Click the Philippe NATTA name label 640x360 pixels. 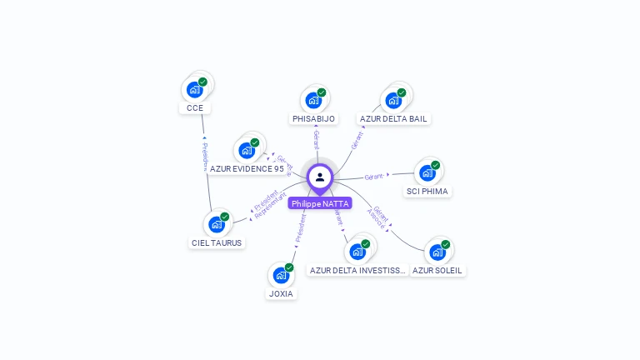click(x=320, y=203)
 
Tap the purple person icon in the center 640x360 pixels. click(x=320, y=177)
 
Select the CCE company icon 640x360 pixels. click(x=195, y=89)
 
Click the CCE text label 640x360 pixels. click(x=195, y=108)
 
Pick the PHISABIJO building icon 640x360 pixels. click(x=314, y=100)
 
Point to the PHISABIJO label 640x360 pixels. click(x=314, y=119)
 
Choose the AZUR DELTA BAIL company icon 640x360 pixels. click(x=393, y=100)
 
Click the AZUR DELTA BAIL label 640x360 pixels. click(x=393, y=119)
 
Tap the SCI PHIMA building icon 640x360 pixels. click(x=427, y=172)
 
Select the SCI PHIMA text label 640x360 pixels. click(x=427, y=192)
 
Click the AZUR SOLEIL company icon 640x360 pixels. click(x=437, y=252)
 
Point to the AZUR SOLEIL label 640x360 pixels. click(x=437, y=271)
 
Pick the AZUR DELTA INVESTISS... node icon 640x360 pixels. click(x=358, y=252)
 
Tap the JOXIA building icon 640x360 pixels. click(x=281, y=274)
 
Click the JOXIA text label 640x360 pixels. click(x=281, y=293)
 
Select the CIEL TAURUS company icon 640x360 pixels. click(x=217, y=223)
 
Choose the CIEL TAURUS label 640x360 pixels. click(x=217, y=243)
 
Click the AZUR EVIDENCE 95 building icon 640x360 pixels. click(x=247, y=150)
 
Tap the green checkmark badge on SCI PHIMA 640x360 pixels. click(x=435, y=165)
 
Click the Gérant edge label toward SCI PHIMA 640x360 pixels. click(x=376, y=177)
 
